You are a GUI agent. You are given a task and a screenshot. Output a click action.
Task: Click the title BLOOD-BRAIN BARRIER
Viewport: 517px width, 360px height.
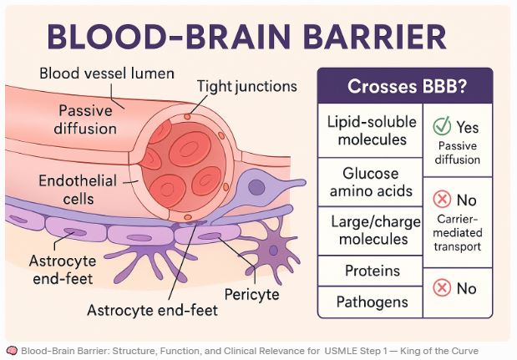click(246, 36)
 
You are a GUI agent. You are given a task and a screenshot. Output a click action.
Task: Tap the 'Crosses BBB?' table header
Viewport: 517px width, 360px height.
click(405, 86)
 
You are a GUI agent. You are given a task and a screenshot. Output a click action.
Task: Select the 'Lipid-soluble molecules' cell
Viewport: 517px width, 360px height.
click(372, 130)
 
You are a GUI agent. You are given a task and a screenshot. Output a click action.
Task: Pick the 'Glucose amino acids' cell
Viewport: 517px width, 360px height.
click(371, 182)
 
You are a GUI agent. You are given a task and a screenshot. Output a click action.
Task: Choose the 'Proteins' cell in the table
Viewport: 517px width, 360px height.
click(373, 271)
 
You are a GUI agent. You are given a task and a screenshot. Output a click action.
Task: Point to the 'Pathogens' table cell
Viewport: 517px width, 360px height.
click(373, 302)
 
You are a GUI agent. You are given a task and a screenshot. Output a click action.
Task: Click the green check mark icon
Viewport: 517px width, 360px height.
click(442, 125)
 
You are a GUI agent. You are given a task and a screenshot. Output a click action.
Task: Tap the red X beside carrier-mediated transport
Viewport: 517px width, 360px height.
click(442, 199)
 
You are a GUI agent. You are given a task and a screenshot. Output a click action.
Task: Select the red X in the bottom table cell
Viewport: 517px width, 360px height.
click(442, 287)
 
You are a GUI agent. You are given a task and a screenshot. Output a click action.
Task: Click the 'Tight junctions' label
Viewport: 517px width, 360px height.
click(247, 86)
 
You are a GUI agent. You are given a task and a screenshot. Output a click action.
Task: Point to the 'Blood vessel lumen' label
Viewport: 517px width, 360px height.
click(107, 74)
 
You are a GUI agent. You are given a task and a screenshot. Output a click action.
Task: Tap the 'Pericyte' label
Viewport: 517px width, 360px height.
click(252, 294)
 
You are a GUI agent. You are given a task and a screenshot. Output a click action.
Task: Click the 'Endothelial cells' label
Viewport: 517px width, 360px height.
click(78, 190)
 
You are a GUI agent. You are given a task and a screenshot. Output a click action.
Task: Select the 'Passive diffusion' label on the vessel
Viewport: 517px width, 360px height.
click(85, 119)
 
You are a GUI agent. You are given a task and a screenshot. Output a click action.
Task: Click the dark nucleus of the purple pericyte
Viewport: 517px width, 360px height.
click(256, 187)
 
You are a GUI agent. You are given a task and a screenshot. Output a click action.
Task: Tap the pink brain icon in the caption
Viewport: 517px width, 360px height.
click(13, 351)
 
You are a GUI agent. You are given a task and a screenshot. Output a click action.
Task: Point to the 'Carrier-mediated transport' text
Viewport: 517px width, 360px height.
click(458, 233)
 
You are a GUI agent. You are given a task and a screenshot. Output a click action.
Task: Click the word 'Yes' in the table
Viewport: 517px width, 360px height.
click(467, 127)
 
